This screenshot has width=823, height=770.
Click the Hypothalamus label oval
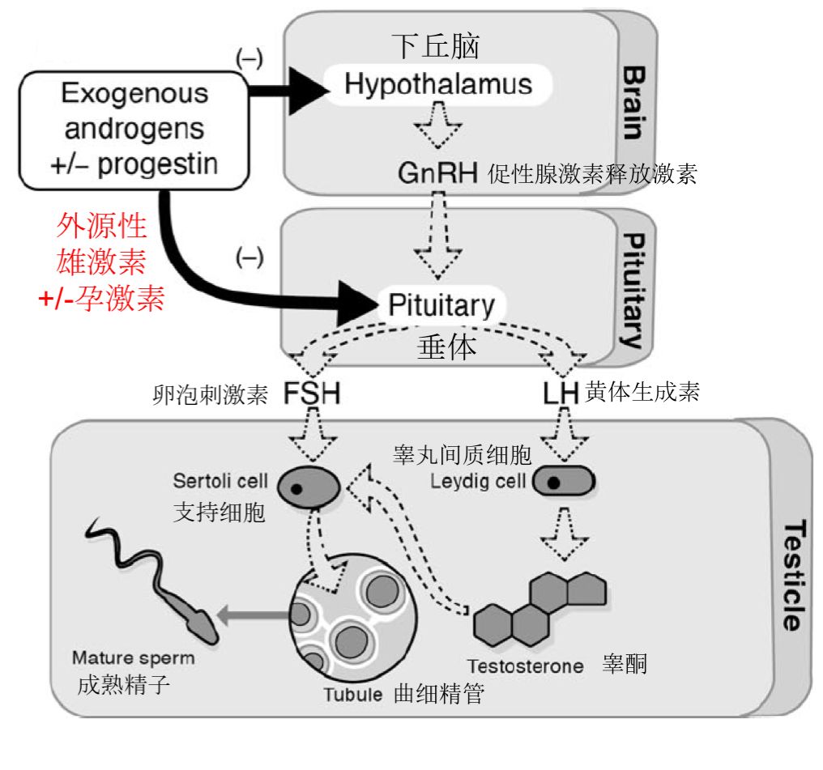(x=438, y=84)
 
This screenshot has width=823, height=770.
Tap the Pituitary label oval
(x=441, y=305)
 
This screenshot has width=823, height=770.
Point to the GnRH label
(x=437, y=173)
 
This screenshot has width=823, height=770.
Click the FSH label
(x=311, y=394)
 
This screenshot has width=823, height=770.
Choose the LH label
(x=560, y=394)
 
